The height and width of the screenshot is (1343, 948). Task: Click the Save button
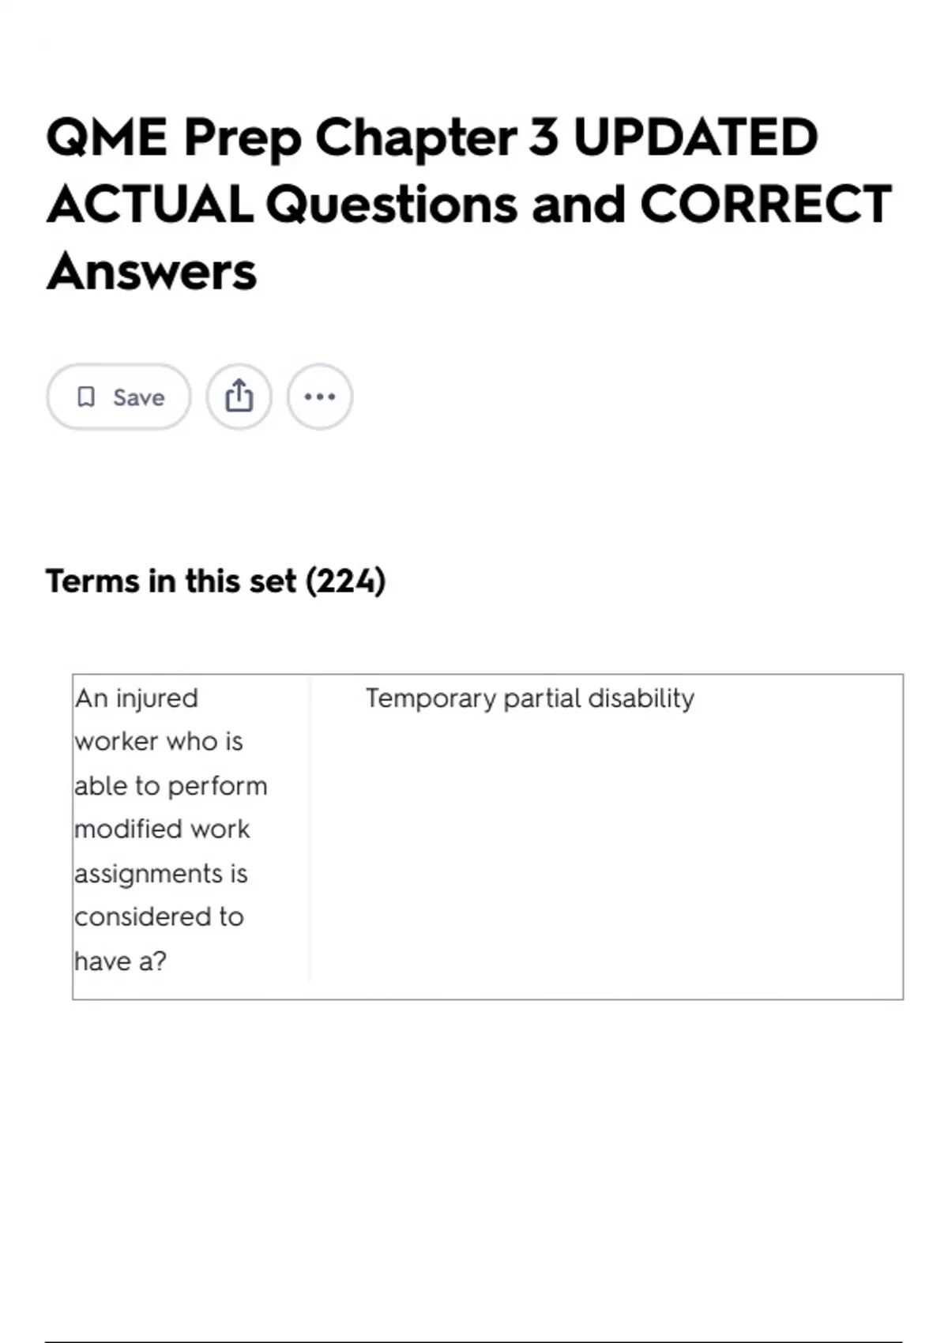pos(118,397)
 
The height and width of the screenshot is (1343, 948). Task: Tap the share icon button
pos(239,397)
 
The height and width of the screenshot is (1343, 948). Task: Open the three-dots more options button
pos(320,397)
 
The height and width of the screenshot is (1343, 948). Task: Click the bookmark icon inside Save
pos(86,397)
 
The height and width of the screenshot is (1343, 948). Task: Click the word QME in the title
pos(107,137)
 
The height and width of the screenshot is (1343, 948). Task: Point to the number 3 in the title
pos(544,137)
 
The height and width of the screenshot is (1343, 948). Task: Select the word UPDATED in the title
pos(696,137)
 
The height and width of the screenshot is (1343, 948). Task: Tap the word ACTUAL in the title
pos(150,205)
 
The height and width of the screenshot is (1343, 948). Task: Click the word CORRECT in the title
pos(766,205)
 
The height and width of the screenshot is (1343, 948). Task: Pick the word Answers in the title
pos(152,272)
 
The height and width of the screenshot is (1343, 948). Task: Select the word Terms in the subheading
pos(92,581)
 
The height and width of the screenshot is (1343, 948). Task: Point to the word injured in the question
pos(156,699)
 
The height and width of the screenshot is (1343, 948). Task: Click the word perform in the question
pos(217,787)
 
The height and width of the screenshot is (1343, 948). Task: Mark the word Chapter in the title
pos(416,137)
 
